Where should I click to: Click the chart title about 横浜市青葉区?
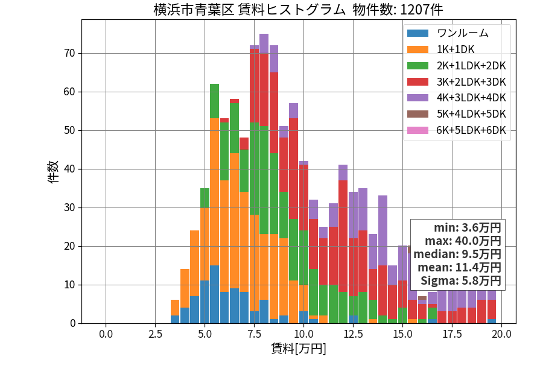tap(298, 9)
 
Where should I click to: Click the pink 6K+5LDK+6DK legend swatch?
tap(418, 130)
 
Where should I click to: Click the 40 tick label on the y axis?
tap(69, 169)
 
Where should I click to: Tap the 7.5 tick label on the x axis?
tap(254, 334)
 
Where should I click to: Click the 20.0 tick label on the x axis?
tap(502, 334)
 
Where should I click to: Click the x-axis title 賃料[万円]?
tap(299, 349)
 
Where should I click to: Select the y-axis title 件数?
tap(53, 172)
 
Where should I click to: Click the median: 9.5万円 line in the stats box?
tap(457, 254)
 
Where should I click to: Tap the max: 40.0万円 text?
tap(463, 241)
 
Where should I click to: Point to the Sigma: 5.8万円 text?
tap(461, 280)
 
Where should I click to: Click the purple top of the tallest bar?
tap(264, 43)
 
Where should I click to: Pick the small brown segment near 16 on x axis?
tap(422, 298)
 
